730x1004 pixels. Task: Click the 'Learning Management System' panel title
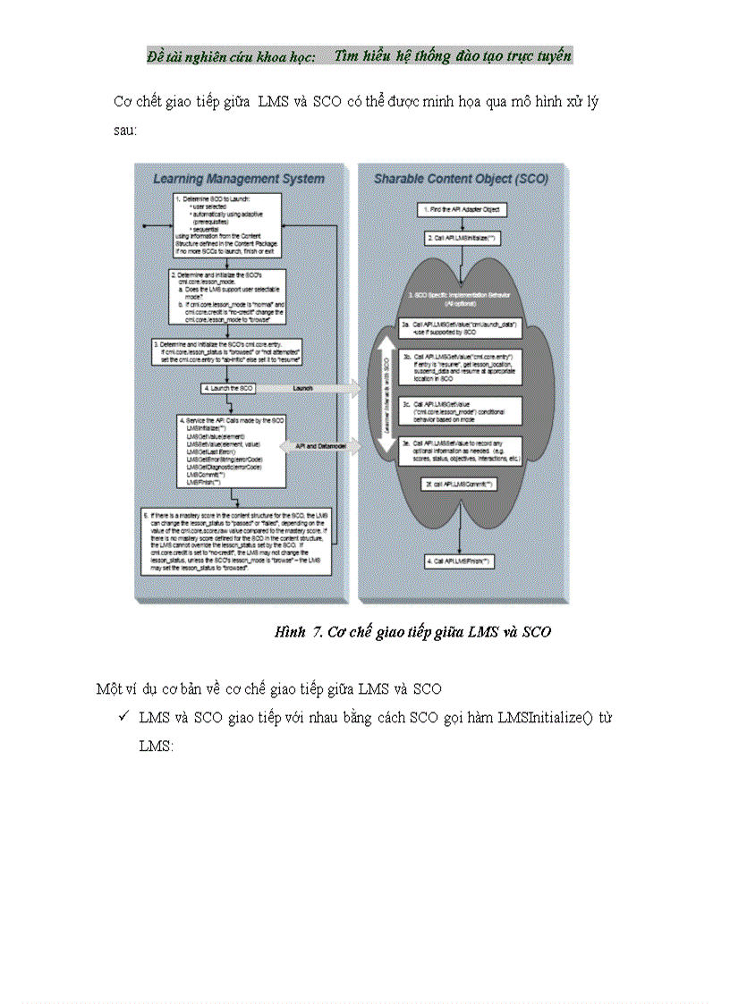[238, 179]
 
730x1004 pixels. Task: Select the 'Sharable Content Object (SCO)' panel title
[462, 179]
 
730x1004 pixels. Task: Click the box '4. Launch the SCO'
[227, 388]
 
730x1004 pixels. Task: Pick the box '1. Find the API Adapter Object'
[463, 209]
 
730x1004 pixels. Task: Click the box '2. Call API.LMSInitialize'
[463, 239]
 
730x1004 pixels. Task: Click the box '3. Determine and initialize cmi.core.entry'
[240, 350]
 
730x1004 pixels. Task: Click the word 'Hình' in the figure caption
[290, 632]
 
